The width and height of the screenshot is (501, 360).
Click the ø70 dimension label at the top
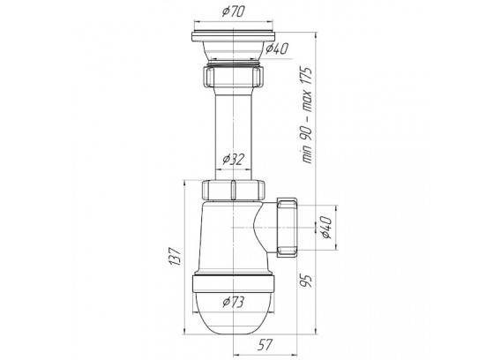[234, 11]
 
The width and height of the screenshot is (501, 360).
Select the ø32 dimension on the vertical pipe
[234, 159]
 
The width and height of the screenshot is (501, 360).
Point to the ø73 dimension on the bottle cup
[234, 301]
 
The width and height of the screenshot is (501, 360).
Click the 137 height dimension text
[176, 256]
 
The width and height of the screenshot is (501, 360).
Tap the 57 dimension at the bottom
[265, 345]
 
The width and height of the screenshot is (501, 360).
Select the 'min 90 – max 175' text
[307, 115]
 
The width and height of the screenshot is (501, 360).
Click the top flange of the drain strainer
[234, 36]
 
